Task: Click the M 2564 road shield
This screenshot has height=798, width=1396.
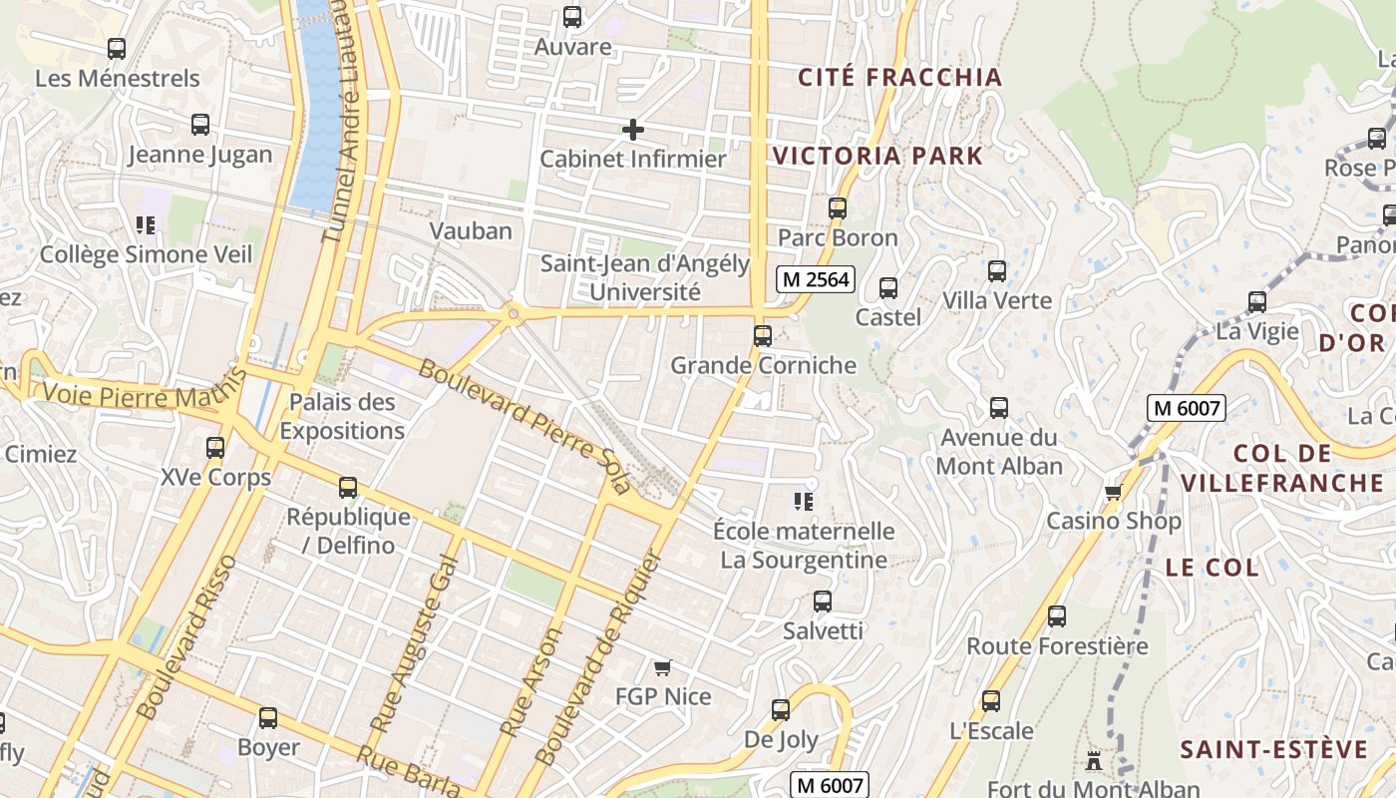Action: coord(816,280)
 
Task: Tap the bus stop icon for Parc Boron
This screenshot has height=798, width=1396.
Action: coord(838,208)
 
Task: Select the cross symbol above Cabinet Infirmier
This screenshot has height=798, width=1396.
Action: coord(633,130)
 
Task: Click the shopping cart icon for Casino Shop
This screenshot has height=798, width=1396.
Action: coord(1113,492)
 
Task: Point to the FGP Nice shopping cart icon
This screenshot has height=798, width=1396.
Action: coord(662,667)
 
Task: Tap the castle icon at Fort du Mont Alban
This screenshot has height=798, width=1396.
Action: coord(1094,761)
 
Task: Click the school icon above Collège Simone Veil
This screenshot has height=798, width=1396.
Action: coord(146,224)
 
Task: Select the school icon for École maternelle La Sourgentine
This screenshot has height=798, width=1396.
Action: coord(804,501)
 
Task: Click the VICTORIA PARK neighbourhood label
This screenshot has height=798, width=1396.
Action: coord(877,156)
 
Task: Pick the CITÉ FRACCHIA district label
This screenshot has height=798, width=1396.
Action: coord(900,77)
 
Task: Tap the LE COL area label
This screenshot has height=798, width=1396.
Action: coord(1212,569)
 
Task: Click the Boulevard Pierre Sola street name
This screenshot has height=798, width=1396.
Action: coord(524,426)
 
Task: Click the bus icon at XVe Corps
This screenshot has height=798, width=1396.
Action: coord(215,448)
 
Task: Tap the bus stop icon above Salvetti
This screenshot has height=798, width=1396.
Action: coord(823,601)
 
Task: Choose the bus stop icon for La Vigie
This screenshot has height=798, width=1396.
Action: coord(1257,301)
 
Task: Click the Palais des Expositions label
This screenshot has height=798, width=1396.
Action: coord(342,417)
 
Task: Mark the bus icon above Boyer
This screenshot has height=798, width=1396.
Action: coord(268,718)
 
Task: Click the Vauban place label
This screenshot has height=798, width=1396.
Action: coord(471,231)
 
